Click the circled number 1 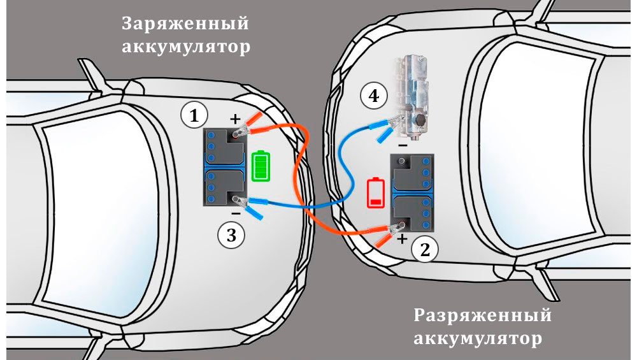click(x=194, y=115)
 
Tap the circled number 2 click(x=424, y=249)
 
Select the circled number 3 click(x=231, y=235)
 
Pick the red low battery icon click(x=376, y=192)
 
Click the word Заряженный click(x=185, y=24)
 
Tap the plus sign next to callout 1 click(x=234, y=119)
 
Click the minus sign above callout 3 click(x=236, y=213)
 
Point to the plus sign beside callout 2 click(x=402, y=240)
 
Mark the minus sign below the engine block click(x=403, y=145)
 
